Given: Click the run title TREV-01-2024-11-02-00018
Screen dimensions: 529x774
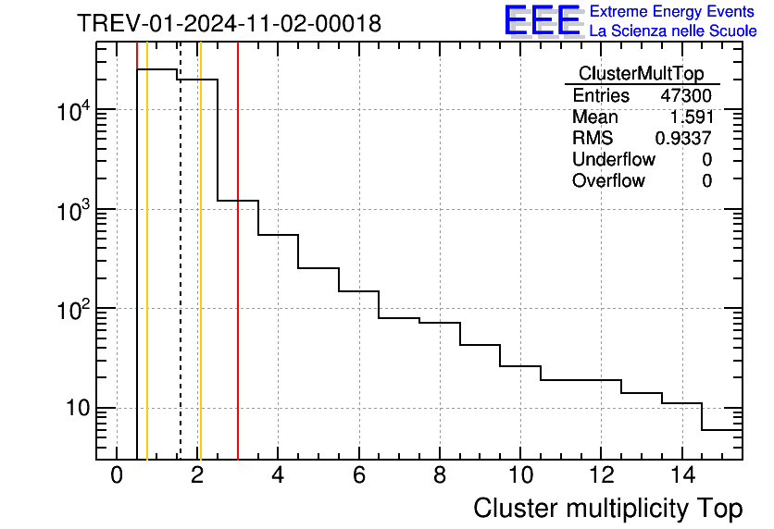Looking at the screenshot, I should pyautogui.click(x=229, y=24).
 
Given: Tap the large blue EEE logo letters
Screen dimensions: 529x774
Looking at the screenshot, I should pyautogui.click(x=543, y=20).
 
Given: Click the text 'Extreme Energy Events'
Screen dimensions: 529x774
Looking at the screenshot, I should pyautogui.click(x=673, y=12).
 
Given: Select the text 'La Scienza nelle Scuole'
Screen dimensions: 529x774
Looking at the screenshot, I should pyautogui.click(x=673, y=31).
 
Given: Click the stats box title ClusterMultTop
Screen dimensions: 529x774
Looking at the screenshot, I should pyautogui.click(x=641, y=74).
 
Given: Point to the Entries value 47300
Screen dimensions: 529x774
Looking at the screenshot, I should pyautogui.click(x=686, y=96).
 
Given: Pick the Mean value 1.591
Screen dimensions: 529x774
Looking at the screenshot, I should pyautogui.click(x=691, y=117).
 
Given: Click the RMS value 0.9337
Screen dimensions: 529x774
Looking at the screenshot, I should pyautogui.click(x=683, y=139).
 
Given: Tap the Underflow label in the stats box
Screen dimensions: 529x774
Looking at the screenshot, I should pyautogui.click(x=613, y=160).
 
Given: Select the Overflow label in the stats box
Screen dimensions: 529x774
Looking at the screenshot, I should pyautogui.click(x=608, y=181).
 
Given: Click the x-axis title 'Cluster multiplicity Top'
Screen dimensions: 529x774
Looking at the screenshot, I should pyautogui.click(x=607, y=509).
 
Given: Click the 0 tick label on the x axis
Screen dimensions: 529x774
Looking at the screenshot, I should pyautogui.click(x=117, y=476).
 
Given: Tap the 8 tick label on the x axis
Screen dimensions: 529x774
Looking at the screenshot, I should pyautogui.click(x=439, y=476).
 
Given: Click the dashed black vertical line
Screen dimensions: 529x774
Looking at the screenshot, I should pyautogui.click(x=180, y=277).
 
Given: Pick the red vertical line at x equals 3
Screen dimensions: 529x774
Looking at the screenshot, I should pyautogui.click(x=238, y=277).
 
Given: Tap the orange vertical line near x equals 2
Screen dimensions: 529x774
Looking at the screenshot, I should pyautogui.click(x=200, y=277).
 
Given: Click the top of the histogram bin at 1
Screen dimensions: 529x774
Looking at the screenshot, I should pyautogui.click(x=157, y=69).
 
